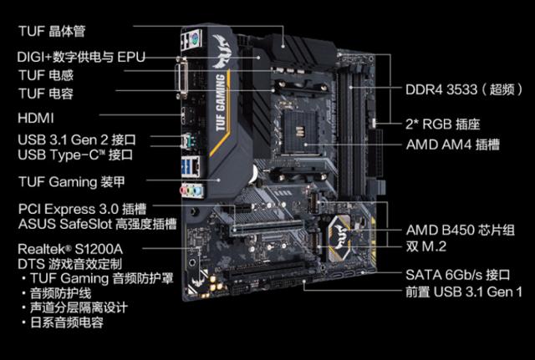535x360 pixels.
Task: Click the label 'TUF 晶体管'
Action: coord(52,31)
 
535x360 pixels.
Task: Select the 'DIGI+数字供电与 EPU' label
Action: coord(81,57)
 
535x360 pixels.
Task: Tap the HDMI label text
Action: coord(36,118)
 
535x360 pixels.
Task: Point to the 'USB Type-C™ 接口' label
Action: coord(75,155)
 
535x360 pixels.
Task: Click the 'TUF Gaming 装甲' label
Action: coord(72,182)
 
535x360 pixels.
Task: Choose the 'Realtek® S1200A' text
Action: coord(70,249)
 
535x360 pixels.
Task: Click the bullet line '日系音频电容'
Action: coord(66,322)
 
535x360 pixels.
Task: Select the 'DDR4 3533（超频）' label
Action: coord(464,89)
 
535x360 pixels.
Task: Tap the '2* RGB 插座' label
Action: coord(443,124)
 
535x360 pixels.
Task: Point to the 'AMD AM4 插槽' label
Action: coord(453,145)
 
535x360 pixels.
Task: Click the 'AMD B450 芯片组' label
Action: coord(461,230)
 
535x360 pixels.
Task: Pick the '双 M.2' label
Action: coord(425,246)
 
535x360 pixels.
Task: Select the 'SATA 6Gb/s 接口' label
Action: coord(458,275)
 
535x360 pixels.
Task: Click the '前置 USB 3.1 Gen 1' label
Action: coord(464,292)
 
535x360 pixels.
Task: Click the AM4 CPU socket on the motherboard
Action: coord(300,134)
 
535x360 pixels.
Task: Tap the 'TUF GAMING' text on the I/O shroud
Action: coord(221,102)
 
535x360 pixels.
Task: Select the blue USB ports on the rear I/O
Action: coord(186,167)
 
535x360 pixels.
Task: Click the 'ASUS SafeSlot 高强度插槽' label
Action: coord(98,224)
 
